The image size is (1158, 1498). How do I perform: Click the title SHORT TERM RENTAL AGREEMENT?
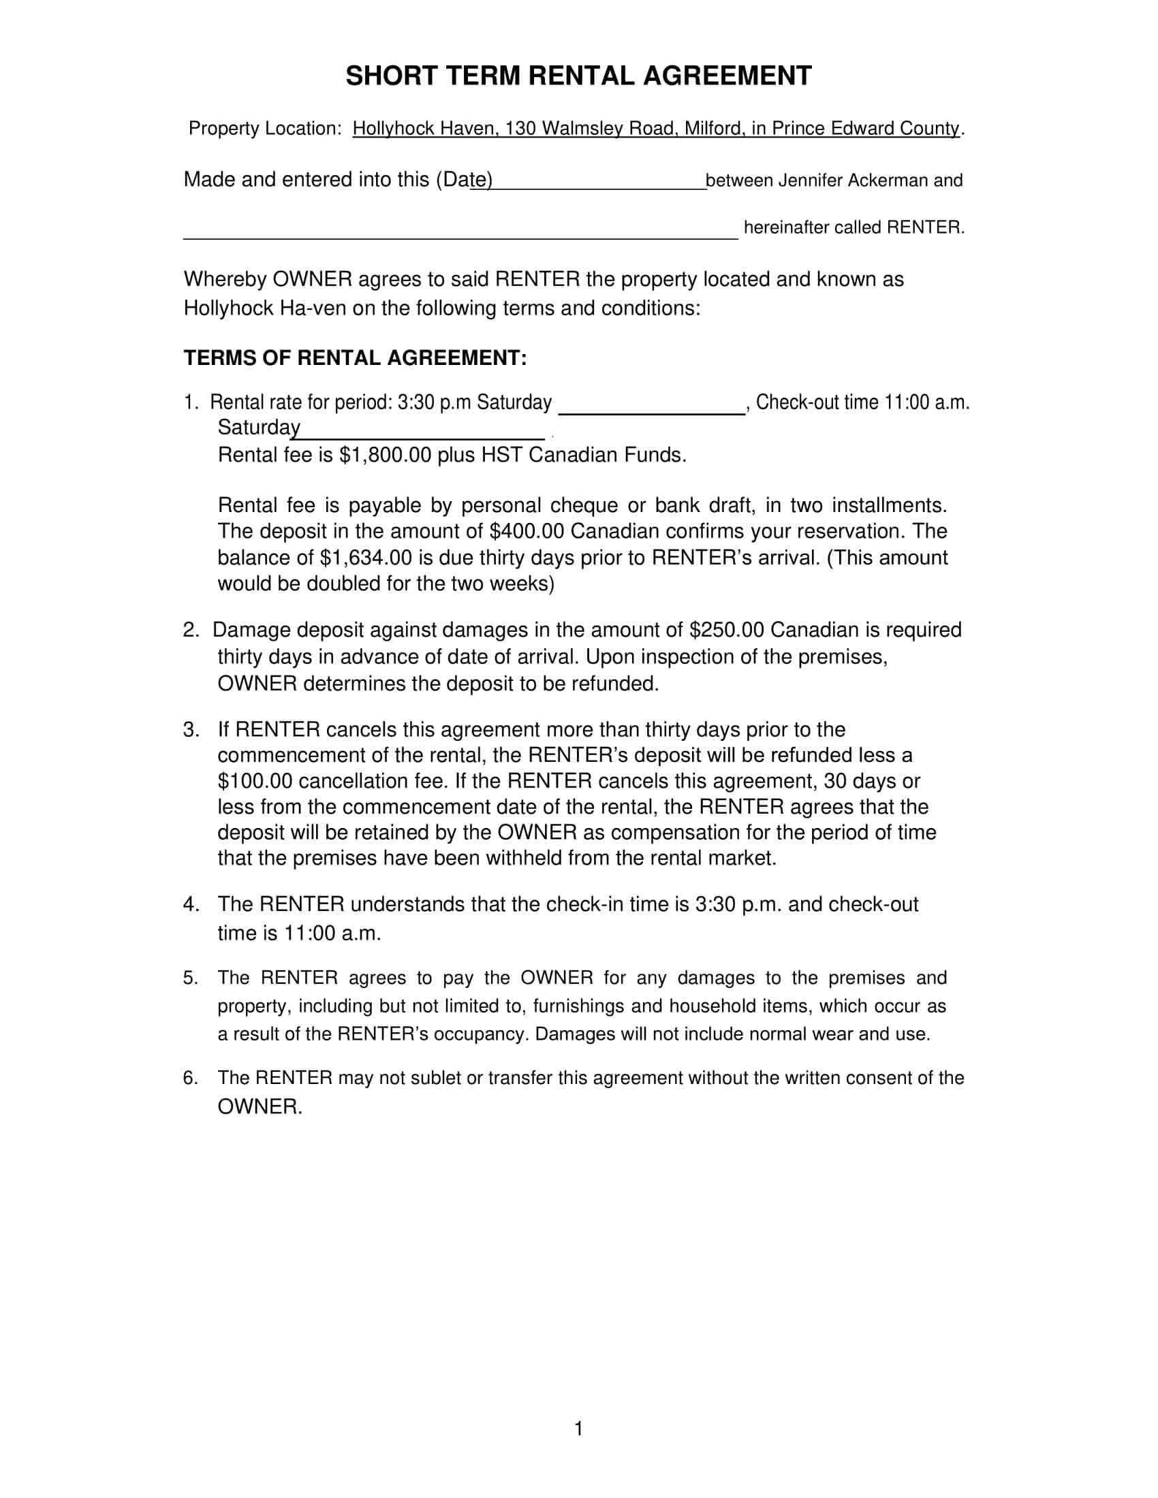coord(578,76)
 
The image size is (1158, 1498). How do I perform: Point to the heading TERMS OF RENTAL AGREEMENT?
coord(355,358)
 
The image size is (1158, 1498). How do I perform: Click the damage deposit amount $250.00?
coord(727,630)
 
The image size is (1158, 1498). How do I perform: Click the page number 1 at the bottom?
coord(578,1429)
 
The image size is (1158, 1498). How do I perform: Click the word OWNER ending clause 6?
coord(260,1107)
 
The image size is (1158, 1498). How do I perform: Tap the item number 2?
coord(191,630)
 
